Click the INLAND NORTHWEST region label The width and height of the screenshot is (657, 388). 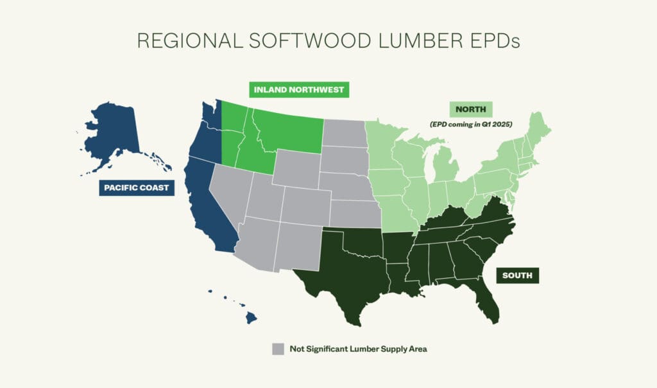[x=299, y=89]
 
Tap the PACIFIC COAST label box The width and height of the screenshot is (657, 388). [x=134, y=188]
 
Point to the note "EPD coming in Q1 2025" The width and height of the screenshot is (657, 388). [x=470, y=123]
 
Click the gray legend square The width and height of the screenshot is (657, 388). [x=277, y=349]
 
